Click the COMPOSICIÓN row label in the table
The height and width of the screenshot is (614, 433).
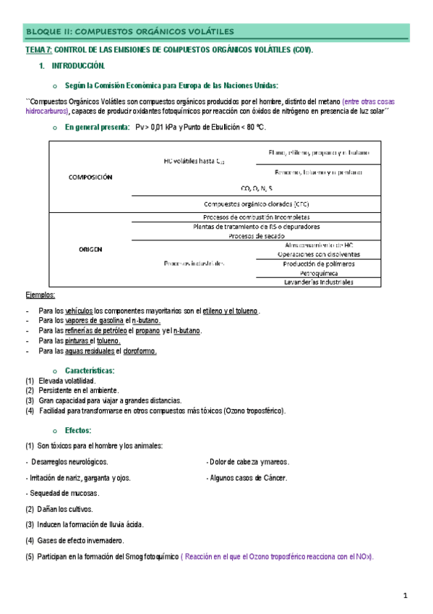89,177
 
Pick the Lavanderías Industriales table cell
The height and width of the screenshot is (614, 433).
317,282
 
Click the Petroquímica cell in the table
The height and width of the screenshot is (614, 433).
317,273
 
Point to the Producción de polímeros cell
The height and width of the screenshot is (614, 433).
317,264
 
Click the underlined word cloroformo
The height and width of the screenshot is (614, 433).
140,351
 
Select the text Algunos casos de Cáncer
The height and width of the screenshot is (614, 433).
249,478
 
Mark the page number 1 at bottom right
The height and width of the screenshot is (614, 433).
406,595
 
